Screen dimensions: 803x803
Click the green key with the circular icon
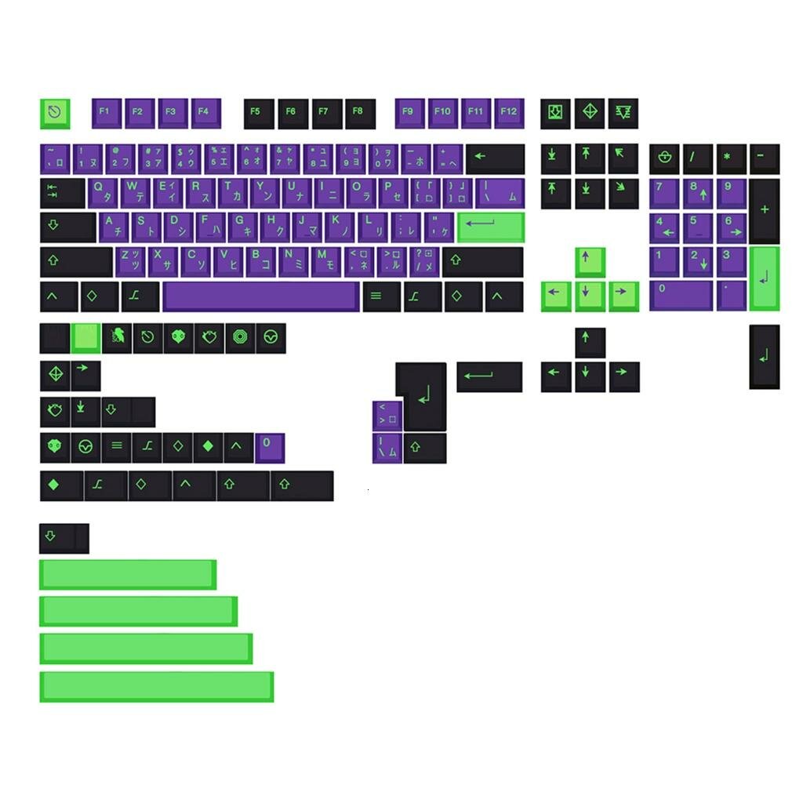click(x=55, y=113)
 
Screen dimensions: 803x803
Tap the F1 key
click(x=105, y=112)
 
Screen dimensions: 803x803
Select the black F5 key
click(x=256, y=112)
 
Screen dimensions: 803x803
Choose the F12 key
click(x=509, y=112)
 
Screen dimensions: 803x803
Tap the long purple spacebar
click(x=260, y=296)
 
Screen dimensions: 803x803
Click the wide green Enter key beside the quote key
click(x=490, y=227)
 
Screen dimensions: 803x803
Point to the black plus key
click(x=764, y=210)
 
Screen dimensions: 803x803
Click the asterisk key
click(x=730, y=158)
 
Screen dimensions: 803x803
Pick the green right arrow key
click(x=623, y=296)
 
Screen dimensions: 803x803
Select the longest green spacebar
click(x=156, y=686)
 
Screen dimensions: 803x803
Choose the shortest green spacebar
click(x=127, y=574)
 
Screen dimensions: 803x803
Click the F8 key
click(x=358, y=112)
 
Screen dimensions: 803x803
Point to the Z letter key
click(x=129, y=260)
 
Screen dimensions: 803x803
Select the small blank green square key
click(x=85, y=337)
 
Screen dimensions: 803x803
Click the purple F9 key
click(x=409, y=112)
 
